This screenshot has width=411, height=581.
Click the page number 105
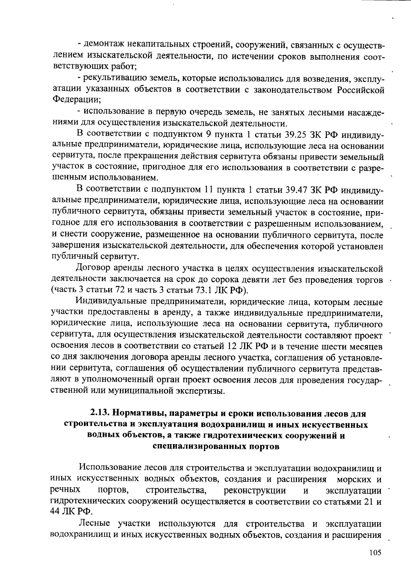[375, 553]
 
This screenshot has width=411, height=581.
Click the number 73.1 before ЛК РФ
[212, 291]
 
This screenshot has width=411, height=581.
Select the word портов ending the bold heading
[266, 447]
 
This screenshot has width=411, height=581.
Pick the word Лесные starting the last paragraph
[94, 524]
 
